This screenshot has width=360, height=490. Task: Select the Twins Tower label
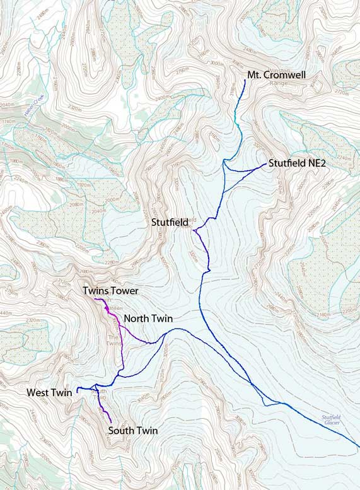[x=110, y=291]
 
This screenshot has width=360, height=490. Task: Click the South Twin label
[x=132, y=431]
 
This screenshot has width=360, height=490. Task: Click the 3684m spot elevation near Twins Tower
[x=114, y=307]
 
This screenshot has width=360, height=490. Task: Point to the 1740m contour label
[x=9, y=120]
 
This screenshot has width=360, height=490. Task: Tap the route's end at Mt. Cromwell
[x=245, y=81]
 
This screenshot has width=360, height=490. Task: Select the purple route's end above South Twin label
[x=111, y=422]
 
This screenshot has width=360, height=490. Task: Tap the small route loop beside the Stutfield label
[x=195, y=231]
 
